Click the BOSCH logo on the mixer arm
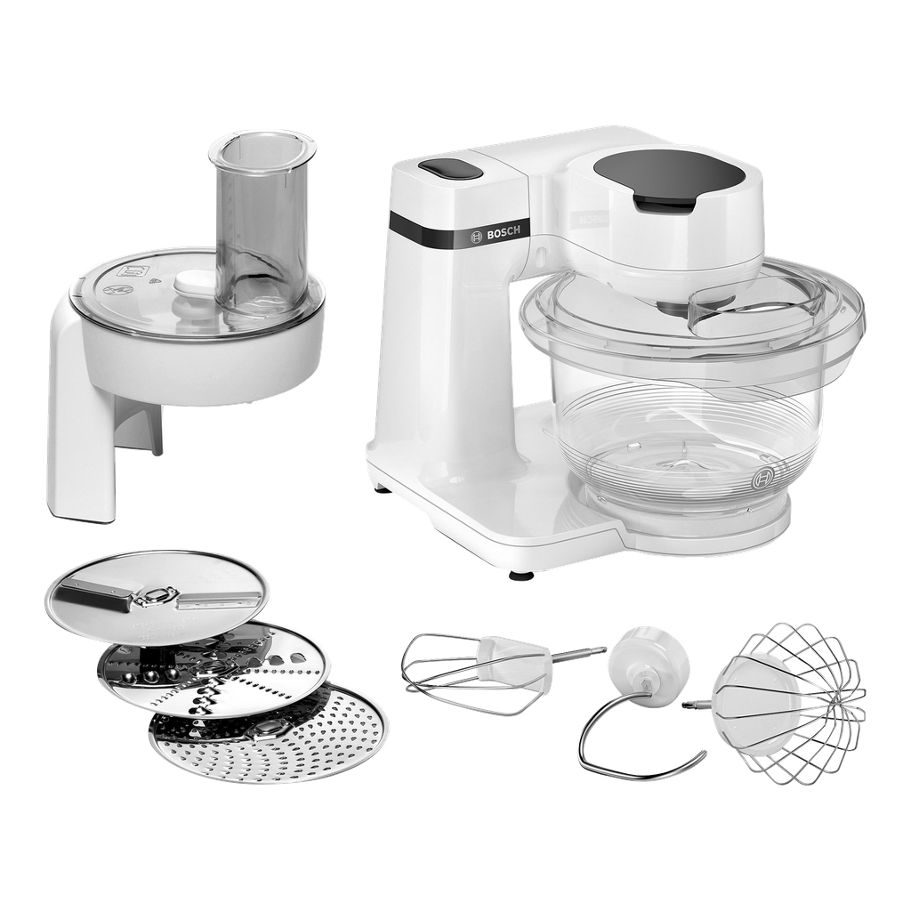[x=496, y=234]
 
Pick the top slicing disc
[x=157, y=604]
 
